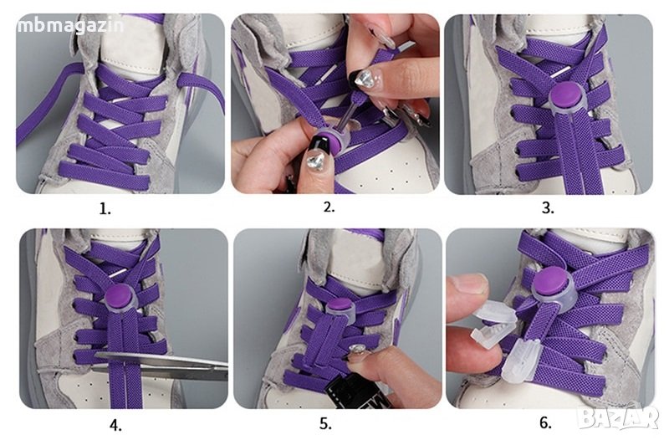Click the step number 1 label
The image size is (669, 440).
pos(105,210)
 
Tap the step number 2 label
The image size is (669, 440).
pos(329,207)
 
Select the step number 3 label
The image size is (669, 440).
pos(548,207)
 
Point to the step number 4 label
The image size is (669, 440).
pos(115,425)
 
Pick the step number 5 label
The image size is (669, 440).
pos(325,424)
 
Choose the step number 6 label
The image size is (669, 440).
pos(545,422)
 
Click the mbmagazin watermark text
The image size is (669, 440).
pos(70,26)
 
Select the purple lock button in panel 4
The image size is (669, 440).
pos(119,295)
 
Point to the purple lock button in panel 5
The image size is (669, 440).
pos(340,305)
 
